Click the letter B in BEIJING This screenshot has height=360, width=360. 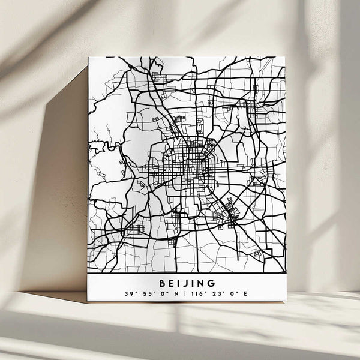[x=163, y=283]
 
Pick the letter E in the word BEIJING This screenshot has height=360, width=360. [x=171, y=283]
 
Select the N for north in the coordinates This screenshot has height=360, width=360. [x=178, y=294]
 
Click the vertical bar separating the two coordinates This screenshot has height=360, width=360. [x=186, y=294]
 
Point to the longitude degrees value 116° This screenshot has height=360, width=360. [x=197, y=294]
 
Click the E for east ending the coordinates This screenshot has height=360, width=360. [x=245, y=294]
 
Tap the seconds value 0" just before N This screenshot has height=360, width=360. [x=166, y=294]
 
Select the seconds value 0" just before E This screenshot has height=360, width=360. [x=233, y=294]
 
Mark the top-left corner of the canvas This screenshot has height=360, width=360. [x=89, y=57]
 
